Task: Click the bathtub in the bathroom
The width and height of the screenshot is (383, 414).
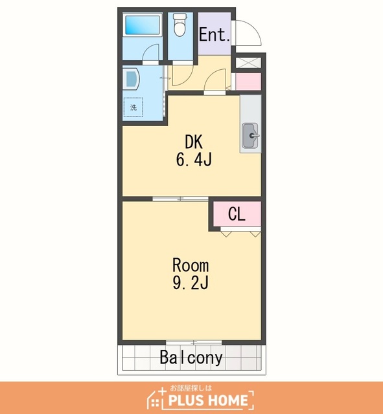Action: tap(143, 25)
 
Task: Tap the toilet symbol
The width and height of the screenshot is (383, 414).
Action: tap(180, 25)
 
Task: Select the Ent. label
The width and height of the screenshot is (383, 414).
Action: tap(215, 34)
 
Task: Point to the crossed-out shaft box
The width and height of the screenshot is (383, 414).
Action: tap(248, 63)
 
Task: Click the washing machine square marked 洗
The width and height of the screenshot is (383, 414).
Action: tap(133, 107)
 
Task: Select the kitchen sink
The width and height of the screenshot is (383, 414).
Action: tap(251, 136)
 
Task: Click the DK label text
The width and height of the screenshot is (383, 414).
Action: tap(194, 142)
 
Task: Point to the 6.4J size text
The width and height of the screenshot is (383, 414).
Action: tap(194, 160)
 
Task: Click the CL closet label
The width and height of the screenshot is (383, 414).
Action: tap(237, 214)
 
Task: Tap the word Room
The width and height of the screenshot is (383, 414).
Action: tap(191, 265)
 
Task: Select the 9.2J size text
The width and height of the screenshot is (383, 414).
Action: tap(191, 283)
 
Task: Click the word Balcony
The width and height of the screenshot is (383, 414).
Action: tap(191, 358)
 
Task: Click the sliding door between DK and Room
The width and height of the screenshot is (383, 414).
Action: tap(180, 199)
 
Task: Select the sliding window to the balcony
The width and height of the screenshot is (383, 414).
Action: tap(194, 342)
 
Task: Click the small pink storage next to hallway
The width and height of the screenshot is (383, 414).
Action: tap(248, 82)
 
